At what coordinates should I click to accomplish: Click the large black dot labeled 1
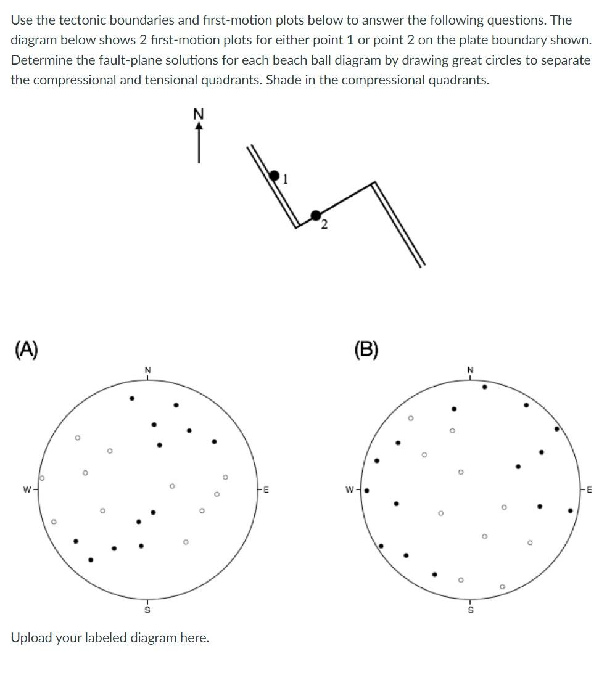coord(275,176)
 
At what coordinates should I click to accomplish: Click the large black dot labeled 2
coord(316,215)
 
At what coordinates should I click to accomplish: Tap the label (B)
coord(366,350)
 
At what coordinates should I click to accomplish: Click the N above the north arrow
coord(198,114)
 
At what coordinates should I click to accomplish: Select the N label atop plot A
coord(147,369)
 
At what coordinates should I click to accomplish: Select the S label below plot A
coord(147,610)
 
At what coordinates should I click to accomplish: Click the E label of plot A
coord(266,490)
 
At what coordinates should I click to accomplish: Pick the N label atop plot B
coord(470,369)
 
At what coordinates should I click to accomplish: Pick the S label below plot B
coord(470,610)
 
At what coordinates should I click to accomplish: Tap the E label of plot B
coord(589,490)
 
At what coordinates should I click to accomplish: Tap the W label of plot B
coord(349,491)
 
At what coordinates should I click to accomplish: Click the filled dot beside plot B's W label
coord(366,491)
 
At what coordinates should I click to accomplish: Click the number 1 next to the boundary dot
coord(285,180)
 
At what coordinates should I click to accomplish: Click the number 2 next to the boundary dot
coord(324,225)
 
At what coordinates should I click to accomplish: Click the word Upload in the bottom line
coord(31,637)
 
